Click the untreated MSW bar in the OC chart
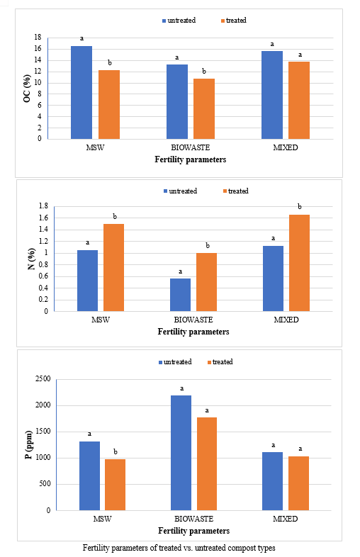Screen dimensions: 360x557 click(81, 92)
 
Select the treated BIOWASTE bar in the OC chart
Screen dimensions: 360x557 click(204, 108)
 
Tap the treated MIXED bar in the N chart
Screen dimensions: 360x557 click(299, 263)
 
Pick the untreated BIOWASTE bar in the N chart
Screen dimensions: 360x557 click(180, 295)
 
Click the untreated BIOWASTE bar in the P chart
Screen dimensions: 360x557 click(181, 453)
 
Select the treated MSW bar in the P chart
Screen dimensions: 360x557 click(115, 485)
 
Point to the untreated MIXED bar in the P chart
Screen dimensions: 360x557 click(273, 481)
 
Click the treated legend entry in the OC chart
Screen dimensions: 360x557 click(233, 21)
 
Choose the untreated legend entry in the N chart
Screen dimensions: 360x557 click(180, 191)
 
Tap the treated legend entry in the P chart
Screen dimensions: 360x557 click(220, 362)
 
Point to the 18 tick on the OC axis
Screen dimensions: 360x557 click(38, 38)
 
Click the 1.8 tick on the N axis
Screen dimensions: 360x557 click(43, 206)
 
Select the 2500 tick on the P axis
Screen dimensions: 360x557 click(43, 379)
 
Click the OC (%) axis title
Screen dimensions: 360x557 click(27, 89)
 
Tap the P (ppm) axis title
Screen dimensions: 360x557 click(28, 445)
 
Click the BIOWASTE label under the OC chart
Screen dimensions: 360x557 click(191, 148)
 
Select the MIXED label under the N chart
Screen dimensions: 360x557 click(286, 320)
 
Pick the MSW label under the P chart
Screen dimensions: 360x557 click(102, 519)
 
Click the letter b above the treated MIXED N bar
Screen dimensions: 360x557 click(300, 206)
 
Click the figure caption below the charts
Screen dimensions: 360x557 click(179, 548)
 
